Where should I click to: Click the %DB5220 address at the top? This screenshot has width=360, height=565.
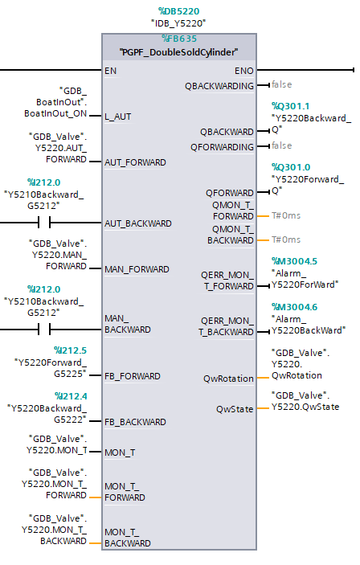[x=178, y=11]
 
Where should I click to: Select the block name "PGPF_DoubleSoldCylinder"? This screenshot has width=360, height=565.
[x=178, y=52]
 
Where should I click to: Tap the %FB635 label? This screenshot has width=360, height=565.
[x=179, y=39]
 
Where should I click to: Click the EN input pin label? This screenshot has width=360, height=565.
[x=111, y=71]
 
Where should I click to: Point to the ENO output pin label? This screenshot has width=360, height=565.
[x=244, y=71]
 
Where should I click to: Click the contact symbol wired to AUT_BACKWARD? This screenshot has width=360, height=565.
[x=44, y=223]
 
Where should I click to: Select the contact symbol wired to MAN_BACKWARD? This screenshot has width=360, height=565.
[x=44, y=329]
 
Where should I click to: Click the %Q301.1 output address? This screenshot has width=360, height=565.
[x=290, y=106]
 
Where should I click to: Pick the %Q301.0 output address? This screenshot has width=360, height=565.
[x=291, y=167]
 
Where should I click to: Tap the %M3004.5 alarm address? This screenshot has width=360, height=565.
[x=294, y=261]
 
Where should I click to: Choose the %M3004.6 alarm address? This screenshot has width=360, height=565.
[x=294, y=307]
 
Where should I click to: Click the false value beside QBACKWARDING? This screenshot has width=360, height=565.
[x=282, y=84]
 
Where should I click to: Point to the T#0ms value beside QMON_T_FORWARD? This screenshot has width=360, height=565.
[x=286, y=215]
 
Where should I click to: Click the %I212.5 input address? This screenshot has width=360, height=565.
[x=70, y=350]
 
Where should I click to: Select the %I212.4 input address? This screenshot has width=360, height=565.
[x=71, y=396]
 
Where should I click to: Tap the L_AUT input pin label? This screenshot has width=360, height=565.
[x=118, y=117]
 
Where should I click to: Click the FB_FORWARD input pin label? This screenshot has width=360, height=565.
[x=133, y=376]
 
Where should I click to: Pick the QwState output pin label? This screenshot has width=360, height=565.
[x=235, y=409]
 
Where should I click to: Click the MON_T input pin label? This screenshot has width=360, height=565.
[x=120, y=452]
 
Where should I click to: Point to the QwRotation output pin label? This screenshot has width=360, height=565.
[x=228, y=379]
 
